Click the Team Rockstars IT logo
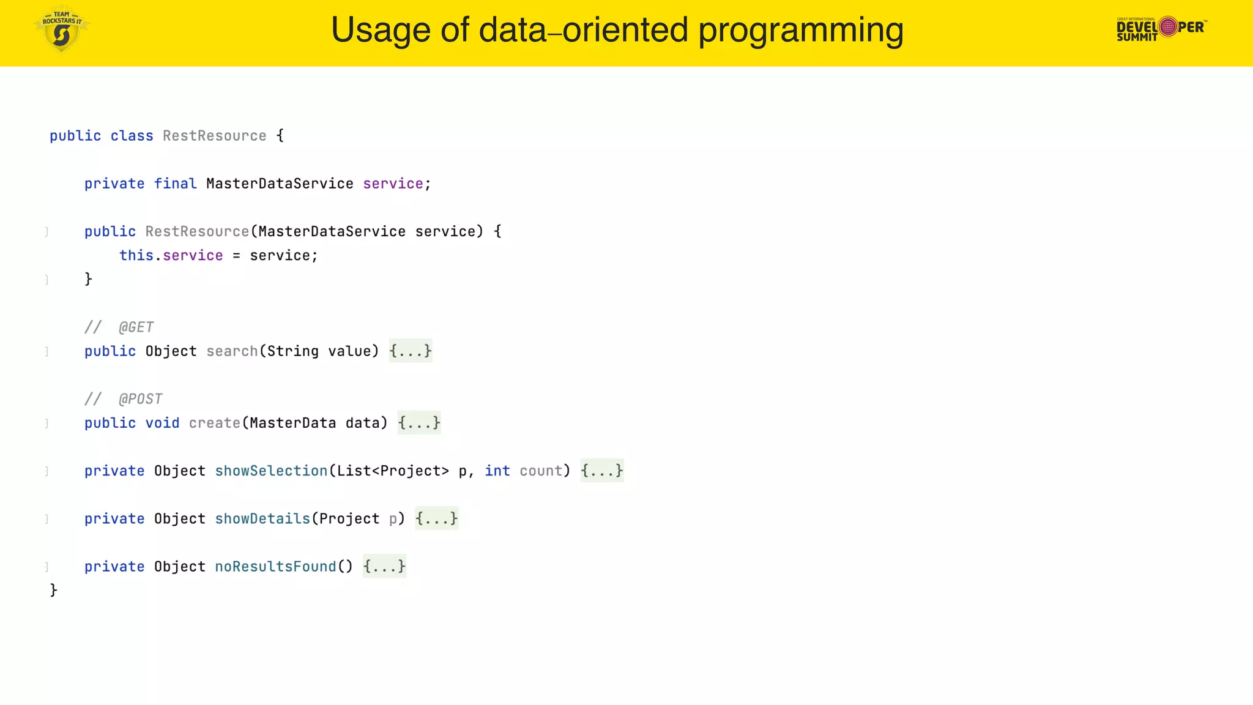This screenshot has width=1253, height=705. (61, 29)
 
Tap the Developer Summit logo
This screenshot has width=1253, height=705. (1161, 28)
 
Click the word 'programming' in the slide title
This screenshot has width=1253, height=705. (801, 30)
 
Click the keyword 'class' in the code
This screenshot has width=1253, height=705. (132, 136)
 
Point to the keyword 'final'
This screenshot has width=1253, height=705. (175, 184)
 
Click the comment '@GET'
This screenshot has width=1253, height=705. (136, 327)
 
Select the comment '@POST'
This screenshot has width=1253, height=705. (140, 399)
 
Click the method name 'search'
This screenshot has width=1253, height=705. (232, 351)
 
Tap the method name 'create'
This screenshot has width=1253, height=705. (214, 423)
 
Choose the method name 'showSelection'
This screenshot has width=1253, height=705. (271, 471)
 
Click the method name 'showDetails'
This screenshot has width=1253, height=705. (262, 519)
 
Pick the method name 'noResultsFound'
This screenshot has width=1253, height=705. (275, 567)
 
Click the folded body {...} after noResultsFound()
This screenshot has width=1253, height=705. (384, 567)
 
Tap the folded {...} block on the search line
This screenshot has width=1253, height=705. (411, 351)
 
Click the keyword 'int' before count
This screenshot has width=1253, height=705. (497, 471)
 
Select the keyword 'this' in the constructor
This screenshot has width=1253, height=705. (136, 255)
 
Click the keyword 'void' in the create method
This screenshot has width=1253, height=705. (162, 423)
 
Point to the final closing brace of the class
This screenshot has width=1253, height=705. (54, 590)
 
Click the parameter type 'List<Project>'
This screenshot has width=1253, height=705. (393, 471)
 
